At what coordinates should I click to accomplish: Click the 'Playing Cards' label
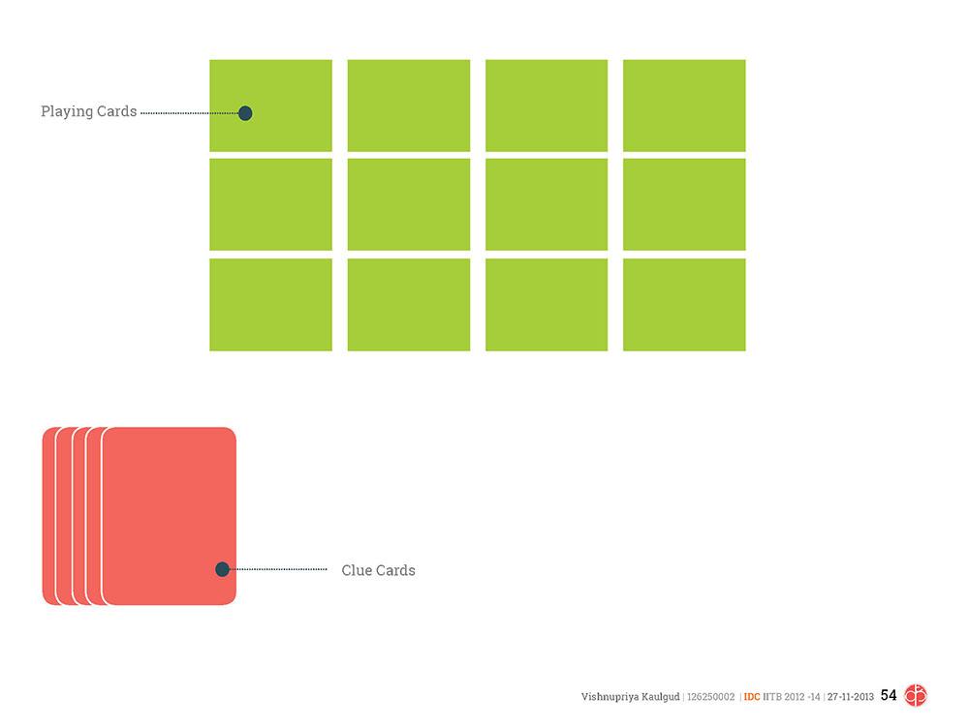88,111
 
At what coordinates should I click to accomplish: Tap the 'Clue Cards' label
378,570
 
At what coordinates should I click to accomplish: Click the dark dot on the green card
245,113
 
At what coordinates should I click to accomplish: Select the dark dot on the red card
222,569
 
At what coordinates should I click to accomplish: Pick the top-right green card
684,105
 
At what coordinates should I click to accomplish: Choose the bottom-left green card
270,304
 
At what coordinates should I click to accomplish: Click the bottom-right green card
684,304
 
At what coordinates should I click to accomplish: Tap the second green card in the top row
408,105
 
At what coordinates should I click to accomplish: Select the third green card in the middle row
546,204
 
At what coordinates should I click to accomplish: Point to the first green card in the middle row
270,204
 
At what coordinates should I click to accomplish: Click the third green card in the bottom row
546,304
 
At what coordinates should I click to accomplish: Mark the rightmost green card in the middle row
684,204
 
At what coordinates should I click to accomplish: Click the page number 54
889,695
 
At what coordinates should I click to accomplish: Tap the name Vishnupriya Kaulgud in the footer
630,696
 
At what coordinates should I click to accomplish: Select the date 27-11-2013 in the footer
850,696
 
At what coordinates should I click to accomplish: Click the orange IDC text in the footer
751,696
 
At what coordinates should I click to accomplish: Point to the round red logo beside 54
916,695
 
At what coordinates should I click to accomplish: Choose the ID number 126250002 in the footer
711,696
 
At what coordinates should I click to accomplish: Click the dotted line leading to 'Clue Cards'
281,569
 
